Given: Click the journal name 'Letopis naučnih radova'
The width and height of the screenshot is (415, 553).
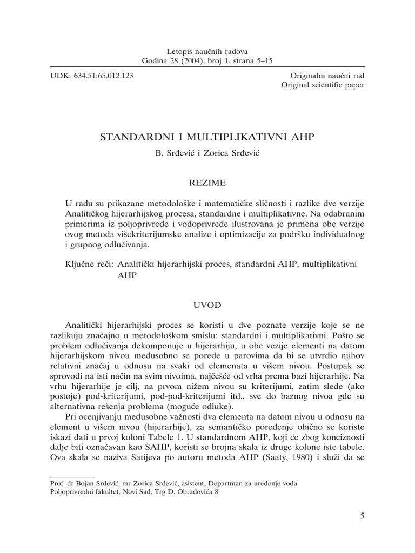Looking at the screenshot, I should tap(207, 51).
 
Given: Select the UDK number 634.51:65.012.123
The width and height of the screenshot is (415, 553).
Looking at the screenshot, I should tap(104, 76).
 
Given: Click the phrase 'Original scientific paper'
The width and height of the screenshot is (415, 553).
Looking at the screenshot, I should tap(323, 85).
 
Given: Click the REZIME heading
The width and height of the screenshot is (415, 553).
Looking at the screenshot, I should tap(207, 184).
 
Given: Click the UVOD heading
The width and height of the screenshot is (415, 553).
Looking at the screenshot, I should tap(207, 305).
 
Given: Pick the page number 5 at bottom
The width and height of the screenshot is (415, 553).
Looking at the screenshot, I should tap(362, 516).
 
